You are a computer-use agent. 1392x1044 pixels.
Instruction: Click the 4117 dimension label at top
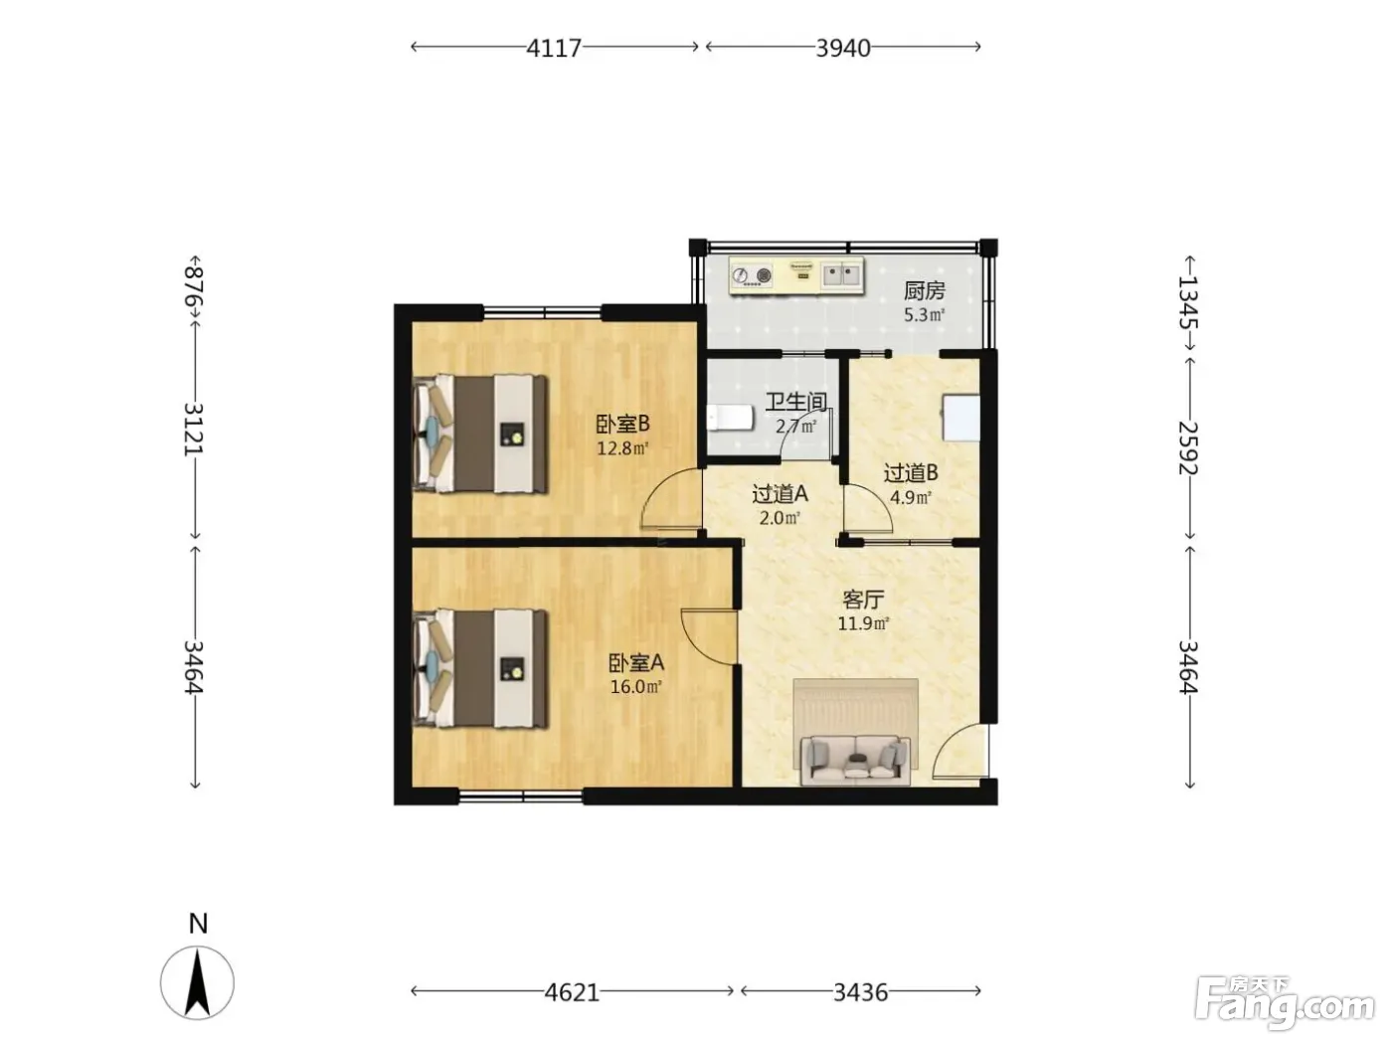554,48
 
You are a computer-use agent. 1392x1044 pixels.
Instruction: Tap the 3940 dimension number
843,48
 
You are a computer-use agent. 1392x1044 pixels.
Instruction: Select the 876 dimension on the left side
194,287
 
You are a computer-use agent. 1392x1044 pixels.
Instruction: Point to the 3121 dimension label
194,430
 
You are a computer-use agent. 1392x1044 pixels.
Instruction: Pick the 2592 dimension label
1188,448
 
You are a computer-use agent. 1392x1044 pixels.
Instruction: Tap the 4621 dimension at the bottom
572,992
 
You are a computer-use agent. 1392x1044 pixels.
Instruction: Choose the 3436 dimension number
861,992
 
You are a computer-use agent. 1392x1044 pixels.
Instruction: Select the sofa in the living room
855,760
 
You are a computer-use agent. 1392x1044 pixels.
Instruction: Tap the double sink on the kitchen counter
841,275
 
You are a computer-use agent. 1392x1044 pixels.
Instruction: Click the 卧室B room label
622,424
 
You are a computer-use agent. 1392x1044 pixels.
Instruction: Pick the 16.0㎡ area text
636,686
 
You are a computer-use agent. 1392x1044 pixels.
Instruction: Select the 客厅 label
863,599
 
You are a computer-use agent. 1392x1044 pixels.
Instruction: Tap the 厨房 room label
924,291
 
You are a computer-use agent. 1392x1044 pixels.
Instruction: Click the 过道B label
911,473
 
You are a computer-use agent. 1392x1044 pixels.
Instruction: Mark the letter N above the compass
199,924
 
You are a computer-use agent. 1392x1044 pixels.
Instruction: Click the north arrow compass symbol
197,983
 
